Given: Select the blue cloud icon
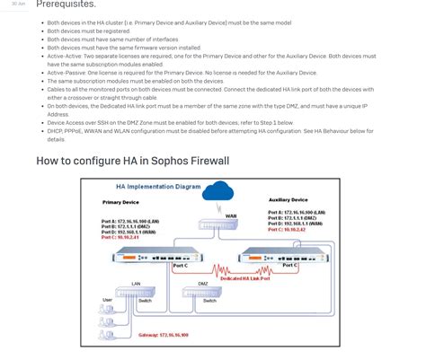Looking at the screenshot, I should click(x=217, y=190).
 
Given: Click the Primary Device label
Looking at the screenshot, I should click(x=120, y=203).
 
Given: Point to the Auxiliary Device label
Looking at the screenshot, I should click(x=288, y=200).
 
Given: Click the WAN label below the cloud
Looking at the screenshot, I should click(x=231, y=216).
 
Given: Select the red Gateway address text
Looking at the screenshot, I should click(x=164, y=335).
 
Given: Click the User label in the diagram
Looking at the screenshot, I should click(x=108, y=300).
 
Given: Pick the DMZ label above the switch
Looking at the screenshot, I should click(x=203, y=284).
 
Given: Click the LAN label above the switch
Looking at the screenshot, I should click(x=136, y=284).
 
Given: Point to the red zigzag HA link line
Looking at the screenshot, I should click(x=216, y=268).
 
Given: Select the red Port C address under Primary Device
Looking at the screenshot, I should click(x=120, y=237).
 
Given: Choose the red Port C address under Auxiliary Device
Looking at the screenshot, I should click(x=288, y=230).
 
